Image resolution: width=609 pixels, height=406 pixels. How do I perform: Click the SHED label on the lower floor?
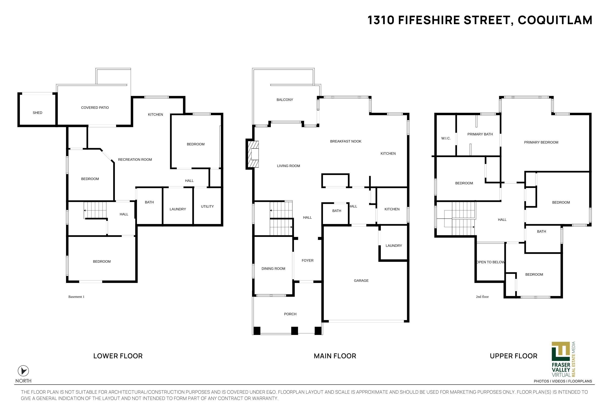click(38, 113)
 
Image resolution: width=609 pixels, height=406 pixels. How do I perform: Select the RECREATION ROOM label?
click(135, 160)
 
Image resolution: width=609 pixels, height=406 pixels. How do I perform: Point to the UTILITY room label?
click(207, 206)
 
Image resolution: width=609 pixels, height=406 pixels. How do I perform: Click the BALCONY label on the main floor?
click(285, 100)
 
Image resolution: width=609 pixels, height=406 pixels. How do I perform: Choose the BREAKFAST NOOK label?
click(346, 141)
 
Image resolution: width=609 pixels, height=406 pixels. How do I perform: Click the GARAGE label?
click(361, 280)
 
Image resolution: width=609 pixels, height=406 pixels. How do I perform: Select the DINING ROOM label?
click(273, 269)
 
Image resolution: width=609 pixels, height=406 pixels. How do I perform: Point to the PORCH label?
click(290, 314)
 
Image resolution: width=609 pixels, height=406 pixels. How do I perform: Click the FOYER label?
click(308, 260)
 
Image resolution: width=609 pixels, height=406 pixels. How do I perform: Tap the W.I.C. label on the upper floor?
click(446, 138)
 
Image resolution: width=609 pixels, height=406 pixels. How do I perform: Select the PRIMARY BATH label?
click(480, 134)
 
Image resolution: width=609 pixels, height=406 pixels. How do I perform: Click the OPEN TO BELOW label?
click(491, 262)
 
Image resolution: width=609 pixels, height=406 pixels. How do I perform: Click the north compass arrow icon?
click(23, 371)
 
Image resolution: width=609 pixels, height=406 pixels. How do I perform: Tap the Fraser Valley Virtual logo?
click(564, 359)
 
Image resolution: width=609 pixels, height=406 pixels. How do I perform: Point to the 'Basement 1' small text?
click(76, 297)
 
